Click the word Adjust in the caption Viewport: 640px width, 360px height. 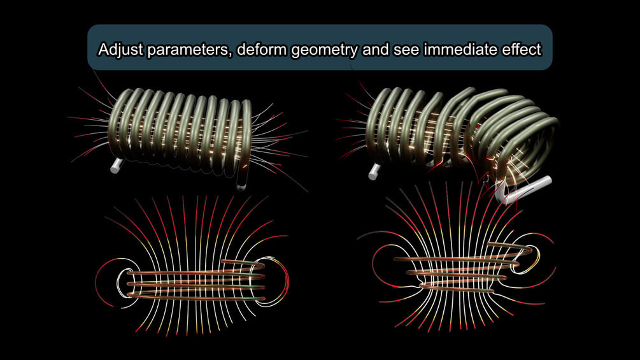point(121,50)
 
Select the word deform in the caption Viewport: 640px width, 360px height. point(262,50)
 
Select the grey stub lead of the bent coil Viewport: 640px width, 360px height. point(374,171)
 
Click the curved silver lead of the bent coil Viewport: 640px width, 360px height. point(522,189)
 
